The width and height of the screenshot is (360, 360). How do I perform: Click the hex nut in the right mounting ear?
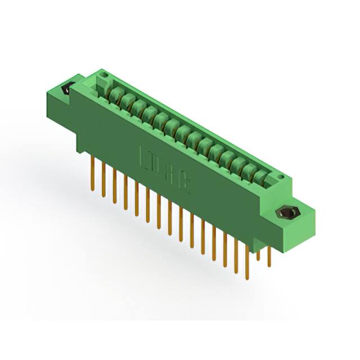287,214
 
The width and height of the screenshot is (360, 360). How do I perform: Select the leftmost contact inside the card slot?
117,92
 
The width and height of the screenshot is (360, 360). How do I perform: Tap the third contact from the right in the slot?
237,163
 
